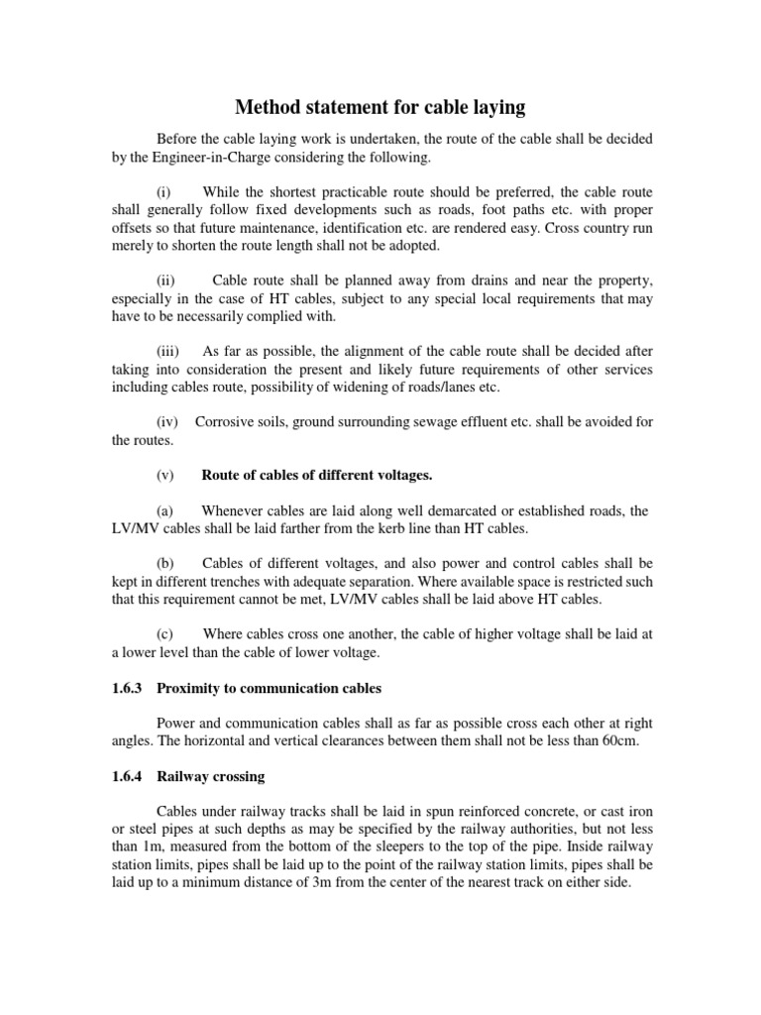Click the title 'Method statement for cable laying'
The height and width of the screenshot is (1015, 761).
[380, 106]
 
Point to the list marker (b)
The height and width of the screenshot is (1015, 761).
[165, 563]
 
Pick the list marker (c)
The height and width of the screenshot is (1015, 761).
[165, 633]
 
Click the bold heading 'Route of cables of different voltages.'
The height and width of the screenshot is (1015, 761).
[317, 475]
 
